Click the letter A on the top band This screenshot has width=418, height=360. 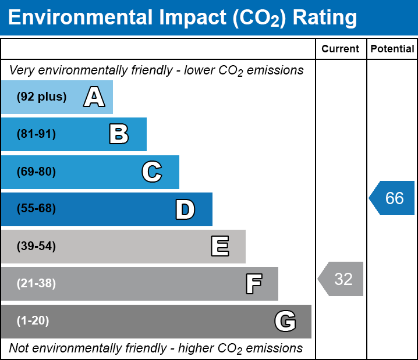point(94,97)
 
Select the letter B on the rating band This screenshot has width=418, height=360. point(119,134)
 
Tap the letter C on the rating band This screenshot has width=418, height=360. point(152,172)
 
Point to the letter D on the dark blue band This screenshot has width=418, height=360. point(185,209)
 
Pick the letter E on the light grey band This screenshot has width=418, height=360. point(219,247)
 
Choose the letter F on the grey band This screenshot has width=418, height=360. point(253,284)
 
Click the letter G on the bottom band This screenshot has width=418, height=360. point(285,321)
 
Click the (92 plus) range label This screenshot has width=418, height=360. point(41,97)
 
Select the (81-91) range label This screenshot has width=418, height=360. point(36,134)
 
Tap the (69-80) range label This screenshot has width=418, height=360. point(36,172)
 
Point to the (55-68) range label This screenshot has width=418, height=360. point(36,209)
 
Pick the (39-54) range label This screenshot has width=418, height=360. point(36,247)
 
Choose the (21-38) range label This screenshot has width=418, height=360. point(36,284)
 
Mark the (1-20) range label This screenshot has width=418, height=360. point(33,321)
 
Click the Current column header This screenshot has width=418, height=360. point(341,49)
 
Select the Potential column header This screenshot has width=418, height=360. point(392,49)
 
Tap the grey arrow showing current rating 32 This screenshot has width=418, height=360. point(342,279)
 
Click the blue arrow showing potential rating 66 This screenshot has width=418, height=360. point(393,198)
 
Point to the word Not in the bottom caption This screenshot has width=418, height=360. point(19,348)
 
